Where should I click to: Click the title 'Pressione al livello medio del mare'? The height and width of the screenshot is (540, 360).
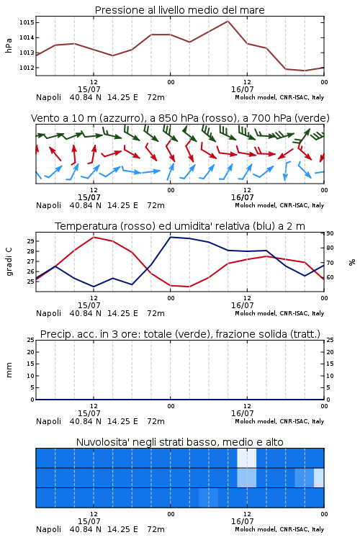179,10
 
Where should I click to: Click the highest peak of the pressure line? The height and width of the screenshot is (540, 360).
228,21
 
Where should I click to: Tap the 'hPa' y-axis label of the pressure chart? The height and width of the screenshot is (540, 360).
9,45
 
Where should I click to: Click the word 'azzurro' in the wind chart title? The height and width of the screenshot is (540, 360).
121,118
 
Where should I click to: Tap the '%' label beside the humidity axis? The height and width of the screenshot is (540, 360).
352,262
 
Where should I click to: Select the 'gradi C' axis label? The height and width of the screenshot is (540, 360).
9,262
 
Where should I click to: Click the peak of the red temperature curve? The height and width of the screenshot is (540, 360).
94,237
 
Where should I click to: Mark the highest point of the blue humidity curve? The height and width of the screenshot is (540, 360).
171,237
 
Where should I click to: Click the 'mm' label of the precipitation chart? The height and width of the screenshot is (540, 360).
9,370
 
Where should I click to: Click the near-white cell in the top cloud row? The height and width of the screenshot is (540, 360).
247,458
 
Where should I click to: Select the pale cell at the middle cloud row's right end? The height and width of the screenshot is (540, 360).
319,477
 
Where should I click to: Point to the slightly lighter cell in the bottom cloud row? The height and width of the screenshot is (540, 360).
208,498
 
